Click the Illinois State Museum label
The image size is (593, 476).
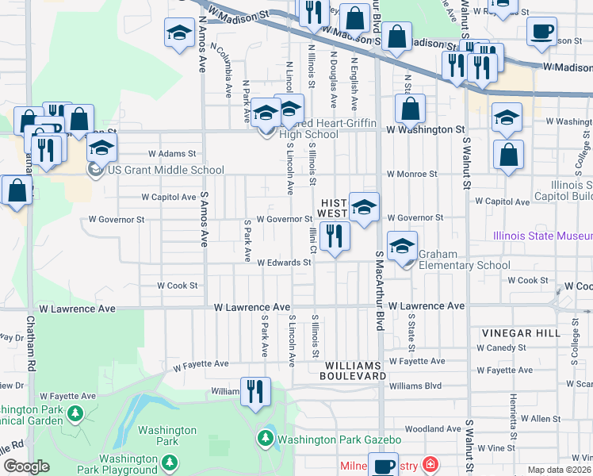coord(542,236)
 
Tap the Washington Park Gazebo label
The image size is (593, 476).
coord(339,439)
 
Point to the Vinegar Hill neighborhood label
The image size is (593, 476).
coord(513,334)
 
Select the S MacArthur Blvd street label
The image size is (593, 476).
coord(379,293)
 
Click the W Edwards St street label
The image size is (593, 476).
coord(283,263)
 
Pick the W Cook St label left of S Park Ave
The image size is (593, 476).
coord(177,285)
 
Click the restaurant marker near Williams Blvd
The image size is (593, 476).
coord(255,392)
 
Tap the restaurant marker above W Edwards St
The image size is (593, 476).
coord(335,236)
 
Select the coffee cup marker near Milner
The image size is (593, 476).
coord(384,464)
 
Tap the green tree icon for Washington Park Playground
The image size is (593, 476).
coord(169,462)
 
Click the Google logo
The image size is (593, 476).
coord(26,466)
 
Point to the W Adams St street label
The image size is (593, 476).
coord(171,154)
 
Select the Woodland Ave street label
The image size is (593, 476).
coord(431,429)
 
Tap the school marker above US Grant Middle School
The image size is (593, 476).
coord(101,148)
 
